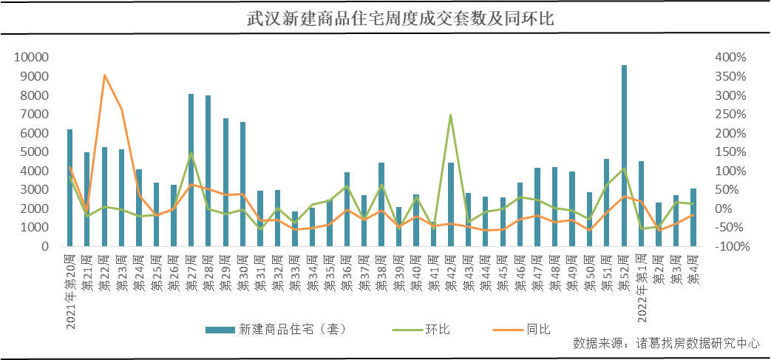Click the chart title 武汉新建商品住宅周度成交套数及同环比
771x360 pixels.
385,18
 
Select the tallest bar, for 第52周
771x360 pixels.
624,155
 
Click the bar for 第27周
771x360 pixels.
191,170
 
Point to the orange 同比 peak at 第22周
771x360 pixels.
104,75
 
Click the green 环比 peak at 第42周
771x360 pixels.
451,115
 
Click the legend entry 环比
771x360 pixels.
437,329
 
